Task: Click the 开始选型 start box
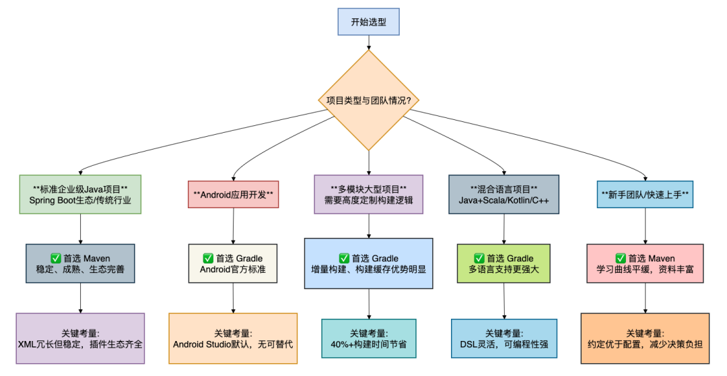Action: tap(369, 22)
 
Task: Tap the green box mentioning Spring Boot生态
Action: tap(80, 194)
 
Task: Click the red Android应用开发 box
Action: tap(233, 194)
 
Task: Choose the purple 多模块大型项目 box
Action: tap(368, 194)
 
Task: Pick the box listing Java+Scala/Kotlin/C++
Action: tap(504, 194)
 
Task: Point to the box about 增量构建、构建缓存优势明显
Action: tap(368, 263)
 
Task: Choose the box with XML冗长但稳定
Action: tap(80, 338)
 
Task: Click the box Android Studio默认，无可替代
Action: tap(233, 338)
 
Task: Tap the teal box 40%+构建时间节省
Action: tap(368, 338)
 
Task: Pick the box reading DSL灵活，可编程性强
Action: tap(504, 338)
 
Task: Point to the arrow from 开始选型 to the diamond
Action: tap(369, 42)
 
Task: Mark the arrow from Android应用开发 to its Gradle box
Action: tap(233, 226)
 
